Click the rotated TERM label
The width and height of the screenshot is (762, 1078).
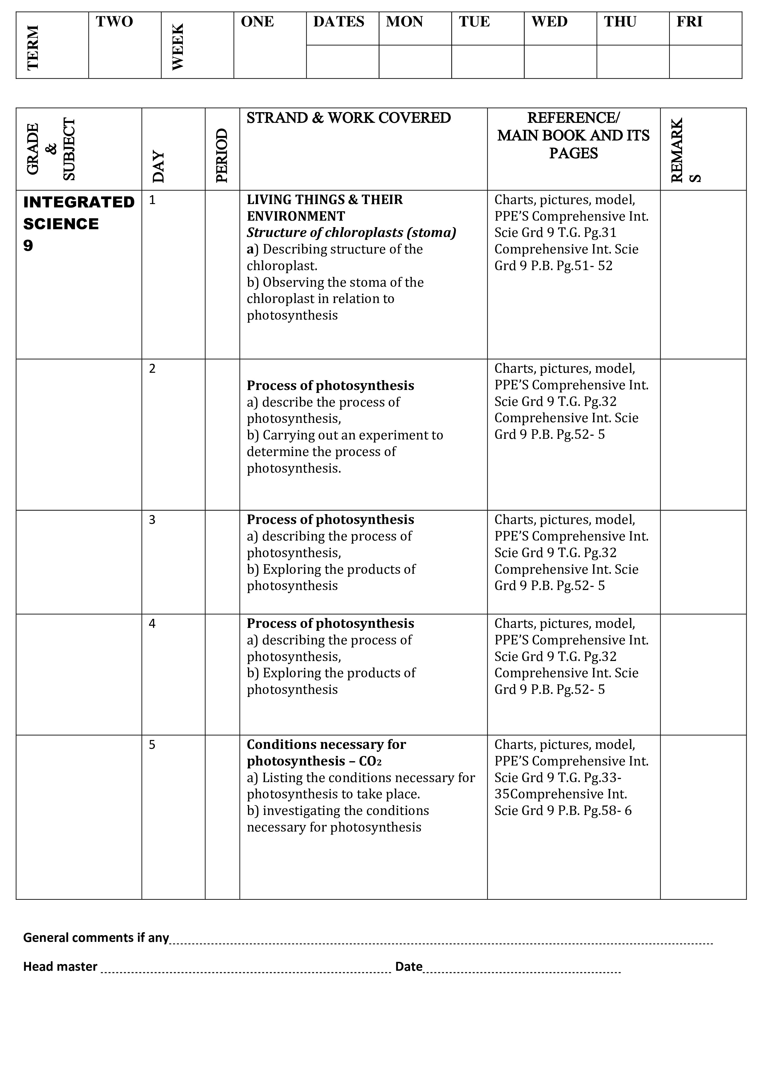coord(33,47)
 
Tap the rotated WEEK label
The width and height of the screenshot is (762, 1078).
coord(178,47)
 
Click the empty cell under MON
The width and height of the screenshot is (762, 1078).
coord(415,61)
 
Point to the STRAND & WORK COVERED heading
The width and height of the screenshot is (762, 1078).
coord(348,118)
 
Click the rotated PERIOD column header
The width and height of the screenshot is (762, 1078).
coord(222,155)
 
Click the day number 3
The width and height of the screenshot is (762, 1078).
coord(152,520)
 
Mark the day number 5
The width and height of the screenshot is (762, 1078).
coord(152,745)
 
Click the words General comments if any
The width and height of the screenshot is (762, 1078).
coord(96,938)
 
